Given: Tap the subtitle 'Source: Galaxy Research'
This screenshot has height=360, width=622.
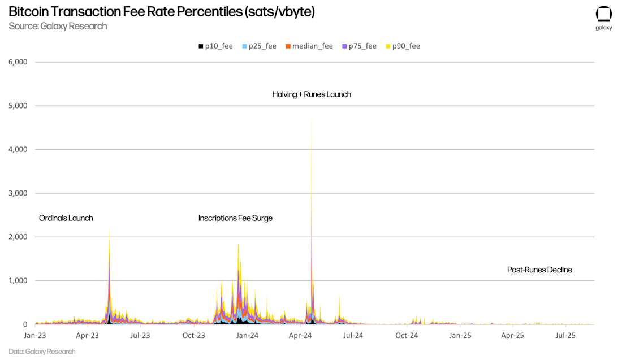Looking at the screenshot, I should tap(58, 26).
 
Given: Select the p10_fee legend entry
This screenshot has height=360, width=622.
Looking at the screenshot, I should tap(215, 46).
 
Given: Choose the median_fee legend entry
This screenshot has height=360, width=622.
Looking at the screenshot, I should tap(309, 46).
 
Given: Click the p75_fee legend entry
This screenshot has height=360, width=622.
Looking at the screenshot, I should tap(359, 46).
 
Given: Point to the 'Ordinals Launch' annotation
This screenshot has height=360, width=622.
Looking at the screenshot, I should tap(66, 218).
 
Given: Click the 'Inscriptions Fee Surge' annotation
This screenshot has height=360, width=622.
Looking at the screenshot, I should tap(235, 218).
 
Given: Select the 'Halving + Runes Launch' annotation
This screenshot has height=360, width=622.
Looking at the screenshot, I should tap(312, 94).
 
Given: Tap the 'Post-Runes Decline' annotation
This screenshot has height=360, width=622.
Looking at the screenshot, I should tap(539, 270).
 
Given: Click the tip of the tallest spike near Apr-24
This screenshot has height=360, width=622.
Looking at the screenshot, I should tap(312, 119).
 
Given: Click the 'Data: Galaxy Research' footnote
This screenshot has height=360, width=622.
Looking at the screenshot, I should tap(42, 352).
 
